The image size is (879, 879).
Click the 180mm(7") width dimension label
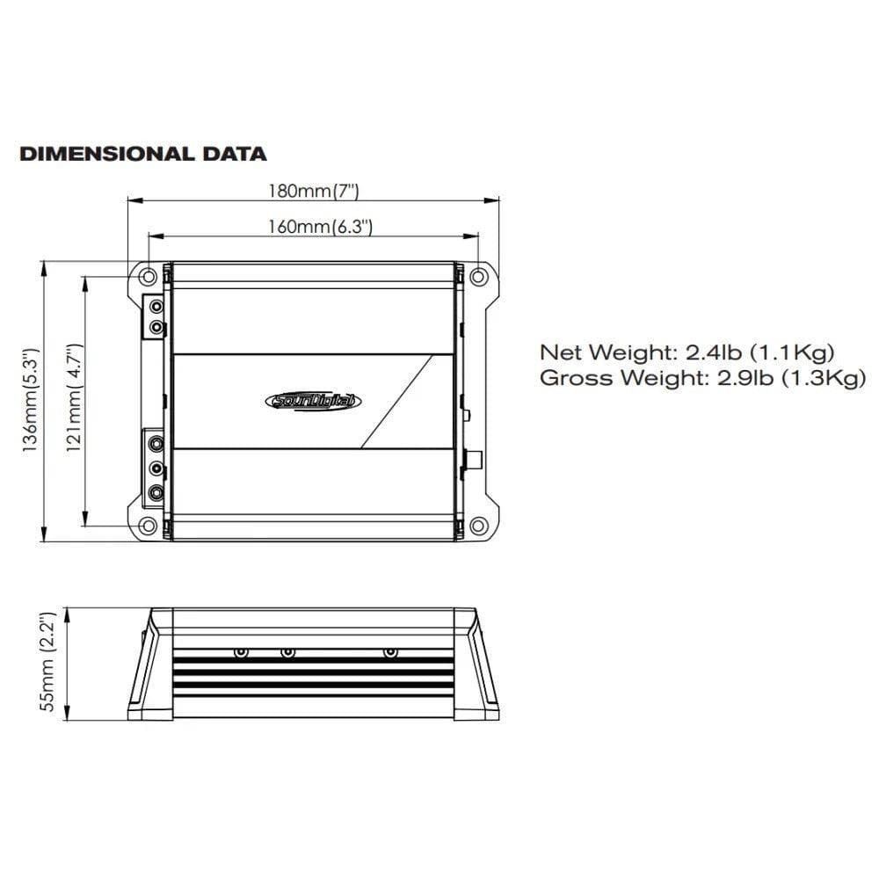coord(314,190)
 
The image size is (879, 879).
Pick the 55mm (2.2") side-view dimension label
coord(49,661)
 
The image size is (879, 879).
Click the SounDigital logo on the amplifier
coord(312,401)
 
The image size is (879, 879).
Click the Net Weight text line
coord(686,353)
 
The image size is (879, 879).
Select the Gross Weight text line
coord(702,379)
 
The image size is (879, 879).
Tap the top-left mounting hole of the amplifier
coord(149,276)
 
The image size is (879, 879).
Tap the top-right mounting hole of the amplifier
coord(477,276)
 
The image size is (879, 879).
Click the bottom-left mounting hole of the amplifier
coord(149,526)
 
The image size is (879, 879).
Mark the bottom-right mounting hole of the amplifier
coord(477,526)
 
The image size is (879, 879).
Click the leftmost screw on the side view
coord(242,653)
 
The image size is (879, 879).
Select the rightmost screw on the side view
coord(390,653)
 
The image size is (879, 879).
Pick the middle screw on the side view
coord(287,653)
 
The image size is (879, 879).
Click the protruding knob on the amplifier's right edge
coord(476,460)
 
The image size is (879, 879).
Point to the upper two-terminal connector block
coord(156,317)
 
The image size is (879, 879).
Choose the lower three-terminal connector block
coord(156,468)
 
